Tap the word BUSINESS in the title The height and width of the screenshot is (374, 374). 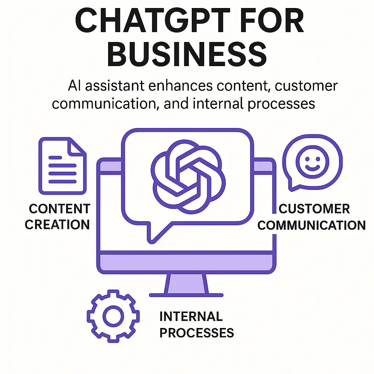(187, 54)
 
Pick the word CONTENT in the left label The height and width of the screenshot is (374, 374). (60, 209)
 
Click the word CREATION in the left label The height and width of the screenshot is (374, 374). (57, 225)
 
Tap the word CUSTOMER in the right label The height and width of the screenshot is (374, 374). (314, 209)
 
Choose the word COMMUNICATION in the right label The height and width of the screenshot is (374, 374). (312, 225)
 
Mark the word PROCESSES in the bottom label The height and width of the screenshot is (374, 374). (197, 333)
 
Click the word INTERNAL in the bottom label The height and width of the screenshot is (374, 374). (191, 316)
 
